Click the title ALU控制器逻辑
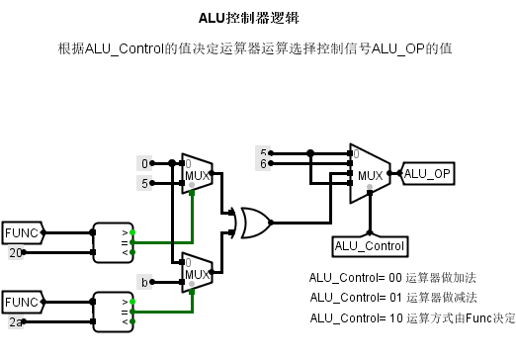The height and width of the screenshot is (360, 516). [258, 18]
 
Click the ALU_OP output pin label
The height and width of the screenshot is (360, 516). [428, 174]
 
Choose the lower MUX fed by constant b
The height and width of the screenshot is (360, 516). [197, 271]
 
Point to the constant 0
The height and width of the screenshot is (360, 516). [145, 163]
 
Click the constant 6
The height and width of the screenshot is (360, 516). [263, 163]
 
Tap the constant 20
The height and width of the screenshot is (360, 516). [16, 253]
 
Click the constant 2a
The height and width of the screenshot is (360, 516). [16, 321]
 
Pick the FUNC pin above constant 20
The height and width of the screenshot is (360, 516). [22, 233]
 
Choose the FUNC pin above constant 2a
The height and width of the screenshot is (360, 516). [22, 302]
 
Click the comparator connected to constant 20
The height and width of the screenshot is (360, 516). [112, 242]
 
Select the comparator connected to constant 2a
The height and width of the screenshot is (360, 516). [112, 312]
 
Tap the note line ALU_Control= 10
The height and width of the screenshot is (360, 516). [412, 317]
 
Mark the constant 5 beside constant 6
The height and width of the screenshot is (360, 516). [263, 152]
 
